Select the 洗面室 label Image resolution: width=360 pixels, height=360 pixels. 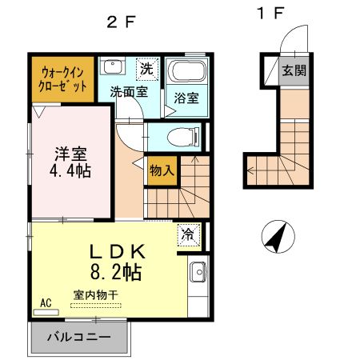[128, 90]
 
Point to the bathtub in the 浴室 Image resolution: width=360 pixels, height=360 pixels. [190, 72]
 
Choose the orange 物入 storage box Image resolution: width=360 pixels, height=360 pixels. [161, 170]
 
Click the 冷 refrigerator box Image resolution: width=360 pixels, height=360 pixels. [187, 235]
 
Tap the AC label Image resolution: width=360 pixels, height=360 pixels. [46, 303]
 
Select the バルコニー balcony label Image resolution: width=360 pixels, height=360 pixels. [78, 336]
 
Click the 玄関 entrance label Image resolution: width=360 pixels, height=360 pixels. [293, 70]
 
